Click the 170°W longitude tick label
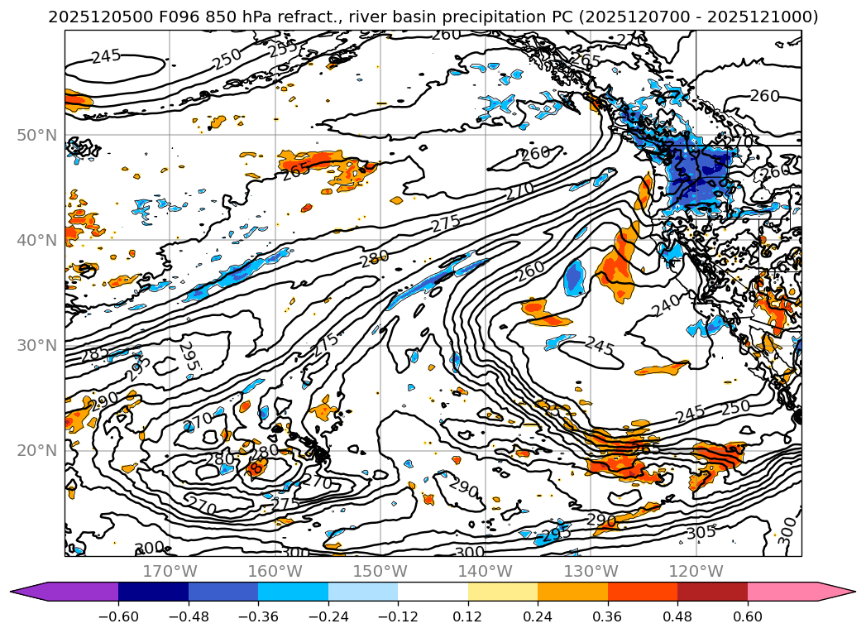click(170, 571)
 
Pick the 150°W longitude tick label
click(380, 571)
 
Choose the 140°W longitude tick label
click(486, 571)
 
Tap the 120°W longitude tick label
click(696, 571)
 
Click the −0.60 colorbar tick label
click(118, 616)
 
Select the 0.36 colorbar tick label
click(608, 616)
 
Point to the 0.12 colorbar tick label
click(468, 616)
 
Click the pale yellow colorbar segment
click(503, 592)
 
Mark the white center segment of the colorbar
click(433, 592)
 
